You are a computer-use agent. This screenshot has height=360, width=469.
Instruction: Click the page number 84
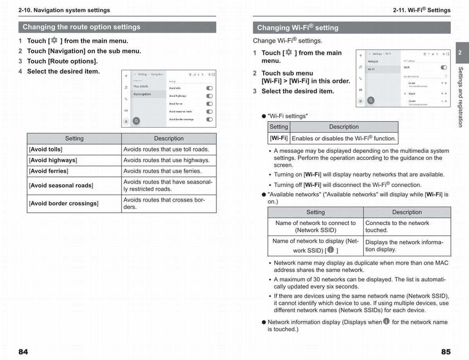click(x=23, y=352)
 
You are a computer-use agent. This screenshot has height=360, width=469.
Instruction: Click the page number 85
click(x=446, y=352)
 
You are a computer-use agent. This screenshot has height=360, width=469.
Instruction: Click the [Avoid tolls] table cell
click(x=74, y=149)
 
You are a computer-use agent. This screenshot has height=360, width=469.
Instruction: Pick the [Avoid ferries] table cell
click(x=74, y=171)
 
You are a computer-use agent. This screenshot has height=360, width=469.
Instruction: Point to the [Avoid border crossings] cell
click(x=74, y=204)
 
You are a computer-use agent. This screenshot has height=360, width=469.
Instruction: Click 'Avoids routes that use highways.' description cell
click(x=168, y=160)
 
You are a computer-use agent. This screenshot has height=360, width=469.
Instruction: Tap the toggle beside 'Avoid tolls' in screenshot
click(x=209, y=88)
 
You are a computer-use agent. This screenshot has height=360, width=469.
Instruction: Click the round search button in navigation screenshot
click(x=136, y=121)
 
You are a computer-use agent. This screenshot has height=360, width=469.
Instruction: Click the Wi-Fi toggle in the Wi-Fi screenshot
click(x=444, y=67)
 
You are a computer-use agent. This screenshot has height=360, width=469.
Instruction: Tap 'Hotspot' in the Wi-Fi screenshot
click(x=373, y=61)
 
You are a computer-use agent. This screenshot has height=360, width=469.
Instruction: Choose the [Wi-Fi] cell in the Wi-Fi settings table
click(x=279, y=138)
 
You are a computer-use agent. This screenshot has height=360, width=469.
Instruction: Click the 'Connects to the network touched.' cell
click(x=406, y=227)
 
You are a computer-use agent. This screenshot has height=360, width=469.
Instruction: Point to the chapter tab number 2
click(x=460, y=53)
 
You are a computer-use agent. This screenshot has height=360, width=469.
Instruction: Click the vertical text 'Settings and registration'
click(x=460, y=97)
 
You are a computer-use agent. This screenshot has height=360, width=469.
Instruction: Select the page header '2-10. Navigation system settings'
click(x=64, y=10)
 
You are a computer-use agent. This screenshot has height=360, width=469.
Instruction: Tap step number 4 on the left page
click(x=20, y=72)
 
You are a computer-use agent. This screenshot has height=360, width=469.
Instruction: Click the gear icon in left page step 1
click(x=54, y=40)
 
